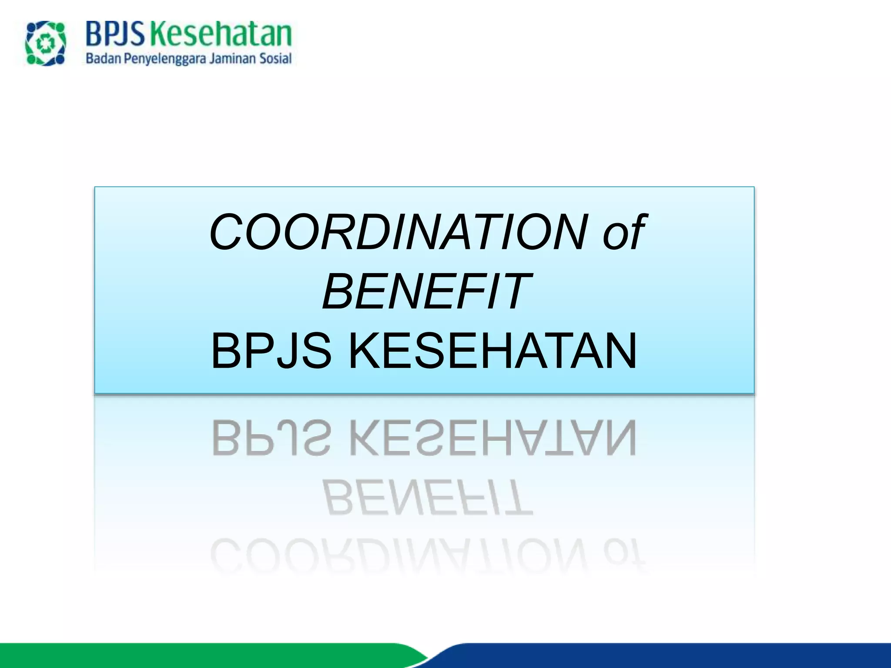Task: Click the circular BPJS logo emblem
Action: [x=46, y=44]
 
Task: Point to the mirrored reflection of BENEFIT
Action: [x=428, y=498]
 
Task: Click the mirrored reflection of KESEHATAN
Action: [x=492, y=438]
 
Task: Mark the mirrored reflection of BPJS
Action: [x=271, y=438]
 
